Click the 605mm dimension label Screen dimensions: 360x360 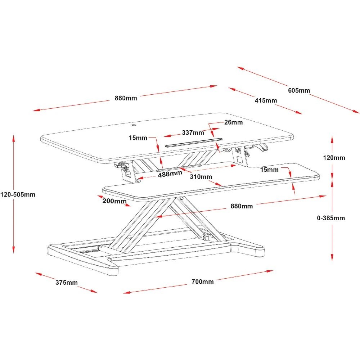pos(299,90)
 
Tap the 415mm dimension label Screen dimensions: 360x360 pos(266,100)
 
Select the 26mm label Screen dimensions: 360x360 pos(233,122)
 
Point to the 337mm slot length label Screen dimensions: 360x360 pos(193,132)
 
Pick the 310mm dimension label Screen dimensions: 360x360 pos(201,177)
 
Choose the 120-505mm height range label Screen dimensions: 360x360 pos(18,194)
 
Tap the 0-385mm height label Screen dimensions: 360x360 pos(331,218)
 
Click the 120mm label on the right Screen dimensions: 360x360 pos(334,158)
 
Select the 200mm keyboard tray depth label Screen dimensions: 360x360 pos(114,201)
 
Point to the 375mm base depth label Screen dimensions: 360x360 pos(66,283)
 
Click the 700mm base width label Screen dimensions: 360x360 pos(202,282)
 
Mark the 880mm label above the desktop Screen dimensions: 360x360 pos(126,98)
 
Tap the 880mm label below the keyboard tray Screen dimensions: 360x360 pos(242,206)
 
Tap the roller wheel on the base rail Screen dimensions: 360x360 pos(206,237)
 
